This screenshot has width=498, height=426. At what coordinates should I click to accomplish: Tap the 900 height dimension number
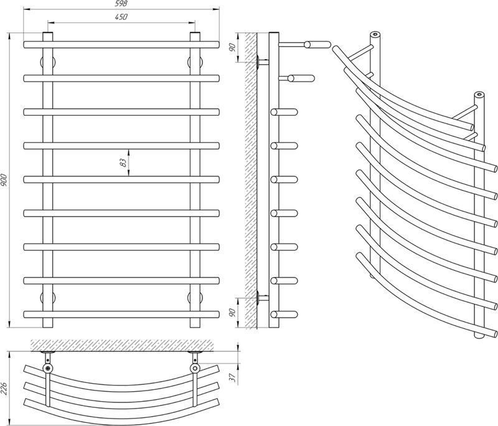(4, 180)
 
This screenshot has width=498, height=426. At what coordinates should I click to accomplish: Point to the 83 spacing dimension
(123, 163)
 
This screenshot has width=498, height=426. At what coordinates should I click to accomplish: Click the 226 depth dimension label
(4, 388)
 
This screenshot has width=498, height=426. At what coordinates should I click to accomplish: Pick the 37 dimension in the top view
(232, 377)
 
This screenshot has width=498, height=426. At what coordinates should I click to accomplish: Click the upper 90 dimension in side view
(232, 47)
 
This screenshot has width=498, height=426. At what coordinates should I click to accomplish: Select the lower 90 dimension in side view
(232, 313)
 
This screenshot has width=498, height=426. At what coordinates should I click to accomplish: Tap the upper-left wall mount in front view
(48, 62)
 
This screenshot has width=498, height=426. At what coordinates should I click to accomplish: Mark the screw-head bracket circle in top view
(47, 369)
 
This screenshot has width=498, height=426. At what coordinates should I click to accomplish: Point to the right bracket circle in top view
(195, 369)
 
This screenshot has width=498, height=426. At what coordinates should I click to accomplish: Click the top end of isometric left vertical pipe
(375, 34)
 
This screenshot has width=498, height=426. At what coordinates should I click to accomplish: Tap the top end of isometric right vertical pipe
(479, 94)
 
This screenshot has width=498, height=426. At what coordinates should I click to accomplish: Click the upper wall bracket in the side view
(263, 62)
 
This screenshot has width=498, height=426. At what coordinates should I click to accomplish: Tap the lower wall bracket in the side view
(263, 298)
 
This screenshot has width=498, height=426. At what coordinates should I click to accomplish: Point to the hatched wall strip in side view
(251, 180)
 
